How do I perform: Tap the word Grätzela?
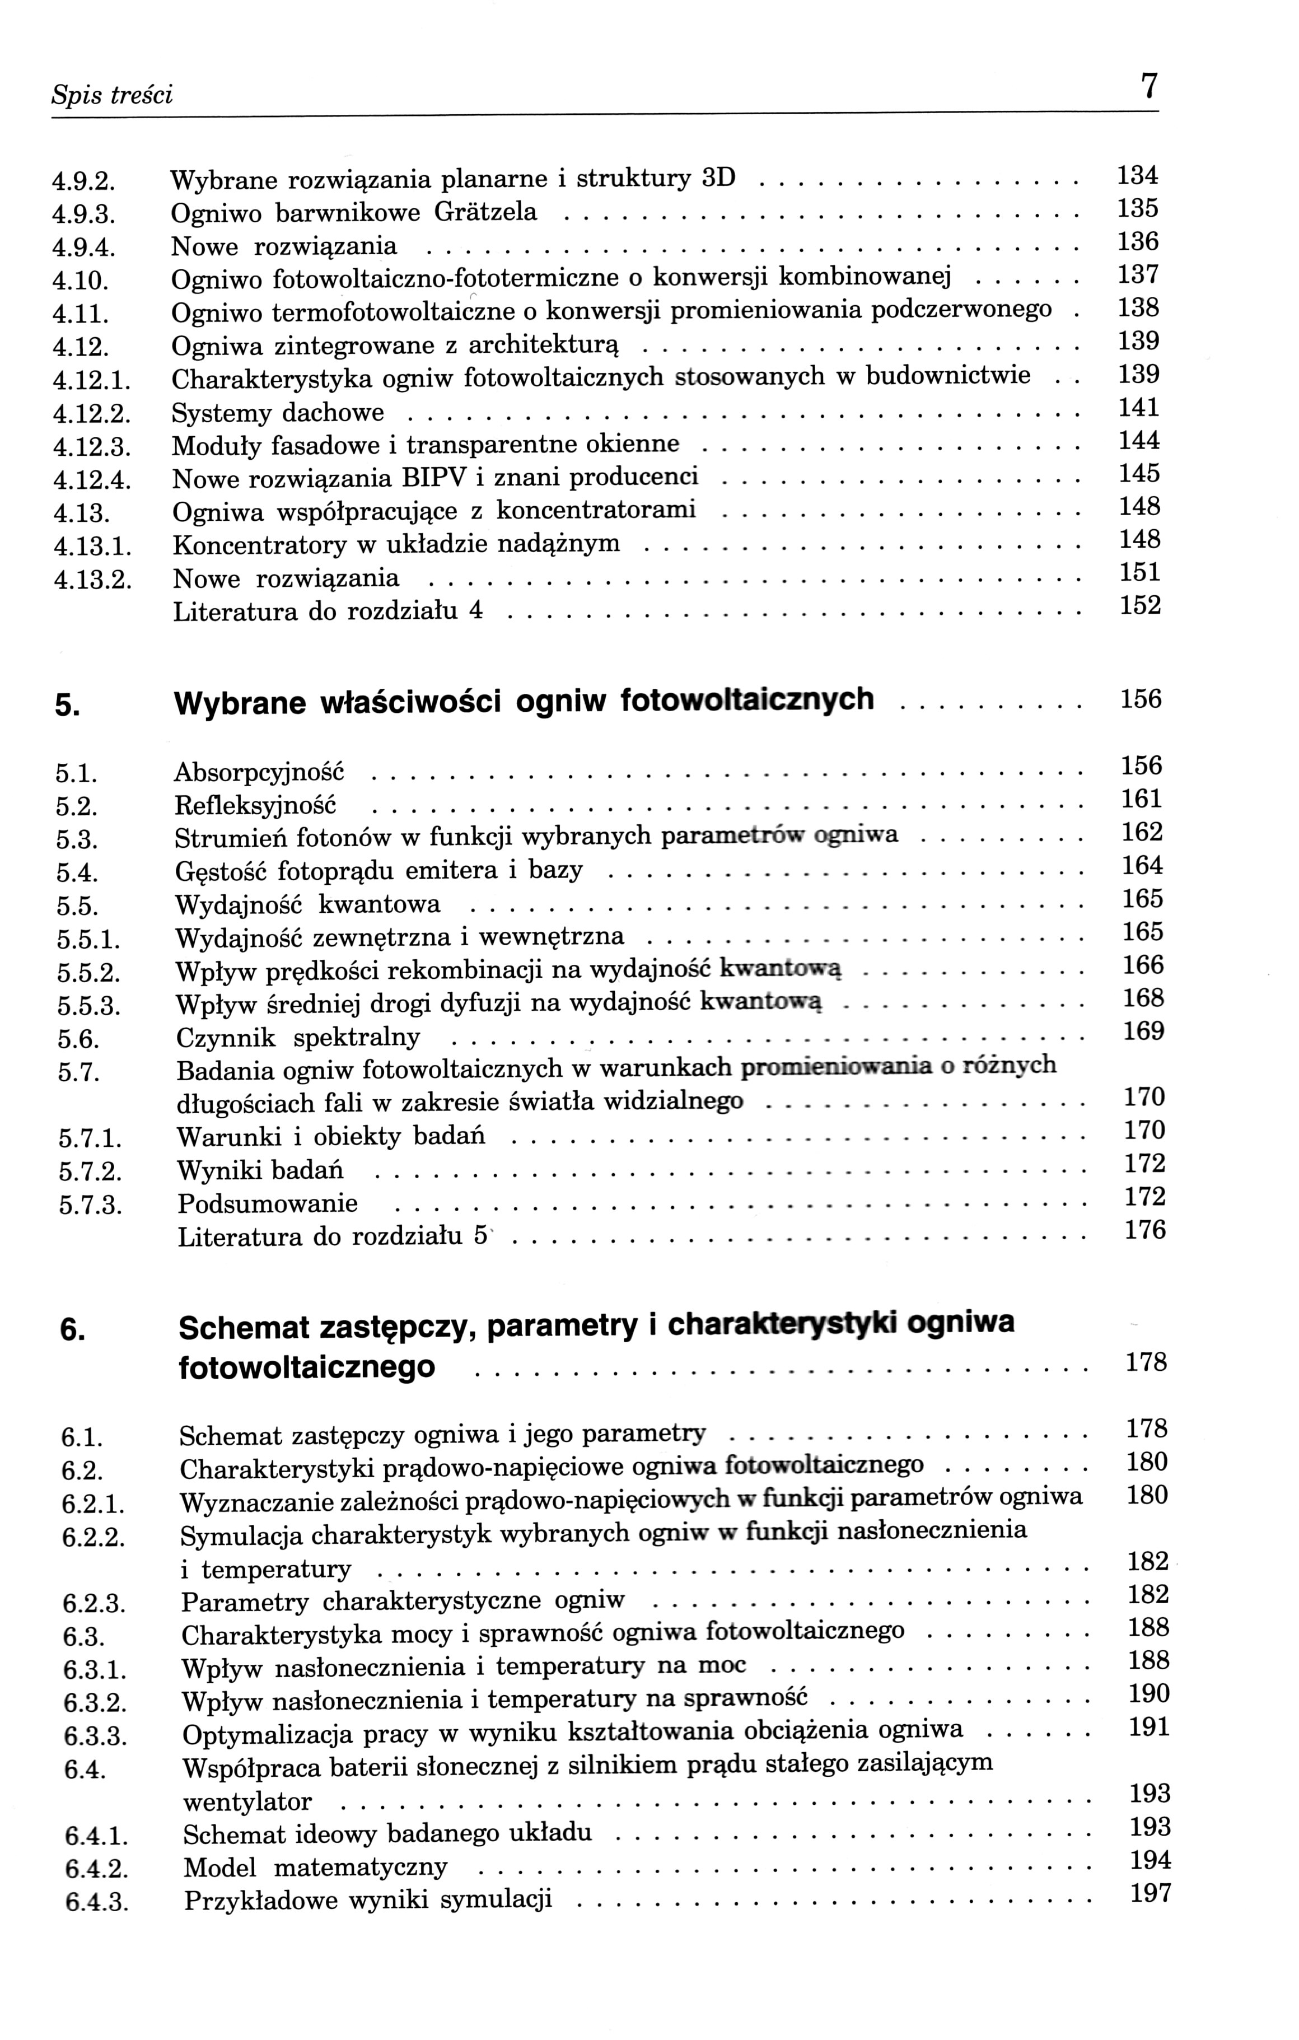tap(485, 212)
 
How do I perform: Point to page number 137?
tap(1137, 274)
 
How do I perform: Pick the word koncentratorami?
tap(595, 510)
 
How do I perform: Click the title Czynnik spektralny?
tap(298, 1038)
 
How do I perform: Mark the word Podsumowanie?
tap(268, 1204)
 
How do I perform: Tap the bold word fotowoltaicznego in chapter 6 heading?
tap(306, 1366)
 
